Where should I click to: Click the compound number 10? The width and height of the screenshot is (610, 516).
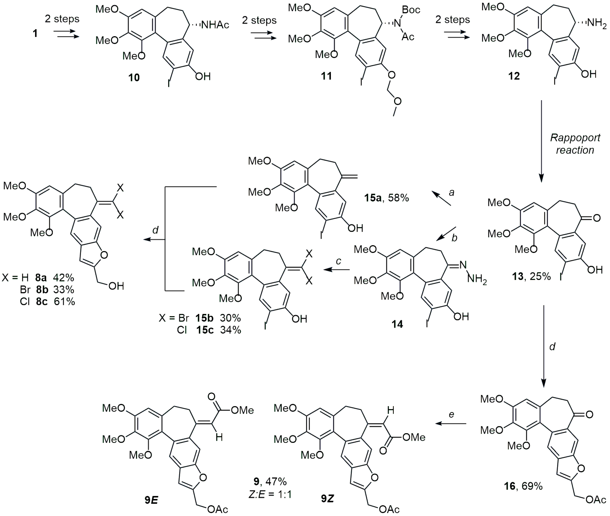[134, 78]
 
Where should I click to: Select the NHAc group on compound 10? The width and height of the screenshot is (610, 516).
[215, 25]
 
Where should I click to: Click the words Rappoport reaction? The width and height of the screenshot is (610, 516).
[575, 144]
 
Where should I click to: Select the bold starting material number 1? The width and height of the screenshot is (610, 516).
[35, 33]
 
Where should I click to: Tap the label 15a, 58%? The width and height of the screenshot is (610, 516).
[386, 198]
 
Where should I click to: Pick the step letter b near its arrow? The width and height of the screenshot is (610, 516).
[454, 238]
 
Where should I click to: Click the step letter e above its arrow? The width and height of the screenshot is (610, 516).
[451, 414]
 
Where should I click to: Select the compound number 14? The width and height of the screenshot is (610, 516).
[397, 324]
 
